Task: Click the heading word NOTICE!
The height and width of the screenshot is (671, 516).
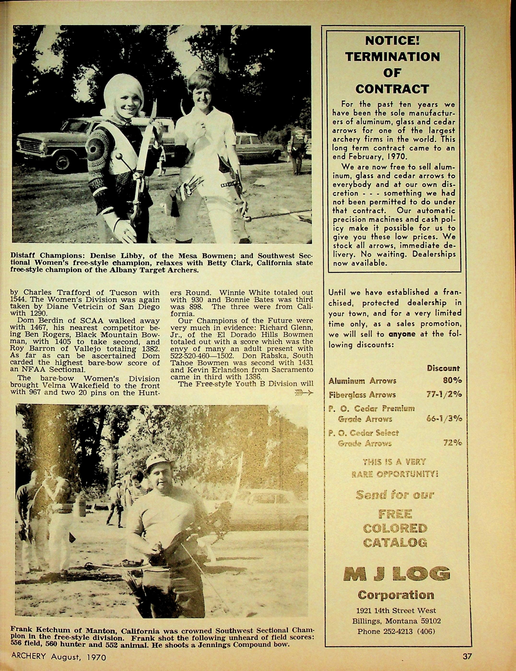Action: pyautogui.click(x=392, y=41)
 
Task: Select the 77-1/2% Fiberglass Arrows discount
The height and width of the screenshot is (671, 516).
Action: pyautogui.click(x=444, y=395)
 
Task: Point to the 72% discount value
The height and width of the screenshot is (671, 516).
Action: pyautogui.click(x=452, y=443)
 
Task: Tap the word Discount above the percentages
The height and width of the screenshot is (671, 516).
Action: pyautogui.click(x=443, y=368)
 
